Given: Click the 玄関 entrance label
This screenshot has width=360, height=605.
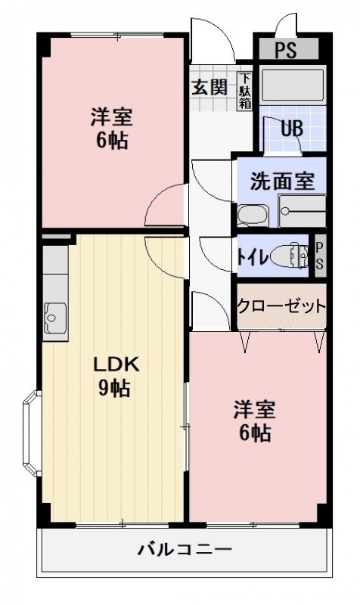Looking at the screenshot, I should point(209,86).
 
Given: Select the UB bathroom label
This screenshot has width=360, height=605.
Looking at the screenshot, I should point(291,128).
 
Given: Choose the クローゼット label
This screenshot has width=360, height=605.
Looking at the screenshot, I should point(281,306).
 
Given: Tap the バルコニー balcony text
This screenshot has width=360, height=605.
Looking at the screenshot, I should point(185,550).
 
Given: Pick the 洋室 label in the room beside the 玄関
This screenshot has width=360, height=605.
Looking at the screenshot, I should point(112,117).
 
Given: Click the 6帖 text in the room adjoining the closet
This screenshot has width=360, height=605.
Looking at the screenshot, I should point(253,434).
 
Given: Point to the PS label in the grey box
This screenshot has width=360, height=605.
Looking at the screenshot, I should point(285,51).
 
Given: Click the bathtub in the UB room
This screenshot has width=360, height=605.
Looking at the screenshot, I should point(293,85).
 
